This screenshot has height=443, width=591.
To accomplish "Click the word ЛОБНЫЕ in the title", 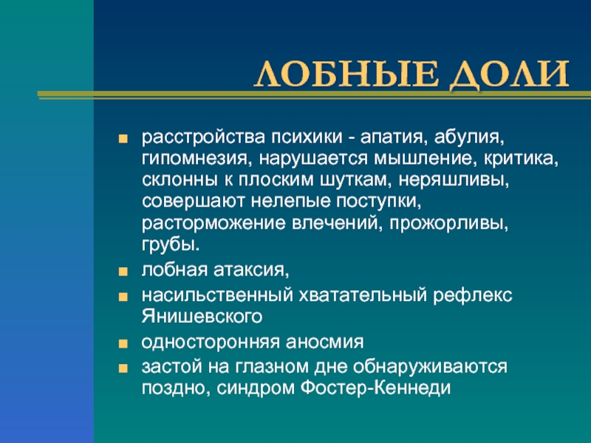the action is coord(346,74).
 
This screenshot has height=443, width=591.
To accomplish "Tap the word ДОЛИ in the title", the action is coord(509,75).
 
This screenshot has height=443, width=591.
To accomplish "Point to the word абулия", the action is coord(469,138).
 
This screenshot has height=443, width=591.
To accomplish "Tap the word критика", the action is coord(521,159).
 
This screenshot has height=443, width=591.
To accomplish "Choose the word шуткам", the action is coord(352,180).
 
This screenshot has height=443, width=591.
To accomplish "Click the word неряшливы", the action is coord(454,181).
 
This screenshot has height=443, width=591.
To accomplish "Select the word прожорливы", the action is coord(449,224).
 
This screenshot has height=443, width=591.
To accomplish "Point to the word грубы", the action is coord(171,246).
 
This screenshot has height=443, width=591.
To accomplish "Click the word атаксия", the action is coord(251,270).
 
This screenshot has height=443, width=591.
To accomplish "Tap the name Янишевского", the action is coord(202,317).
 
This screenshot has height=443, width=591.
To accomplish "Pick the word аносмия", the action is coord(324,343).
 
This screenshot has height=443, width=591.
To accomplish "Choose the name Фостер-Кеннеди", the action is coord(376,388).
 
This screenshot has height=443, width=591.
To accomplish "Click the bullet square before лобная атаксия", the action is coord(123,272).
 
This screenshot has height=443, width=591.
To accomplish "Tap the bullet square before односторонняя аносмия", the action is coord(123,344).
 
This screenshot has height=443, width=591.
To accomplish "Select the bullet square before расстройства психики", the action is coord(123,139).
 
